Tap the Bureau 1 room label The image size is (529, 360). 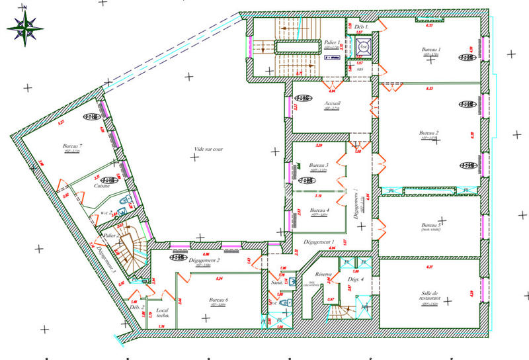[431, 50]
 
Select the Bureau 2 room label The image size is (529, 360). [429, 133]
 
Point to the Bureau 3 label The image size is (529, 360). [319, 165]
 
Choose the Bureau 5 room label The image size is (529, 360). [430, 225]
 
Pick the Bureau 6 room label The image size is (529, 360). [218, 300]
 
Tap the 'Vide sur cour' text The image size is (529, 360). [209, 150]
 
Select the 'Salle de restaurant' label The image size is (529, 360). [430, 296]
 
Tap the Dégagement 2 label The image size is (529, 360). [204, 260]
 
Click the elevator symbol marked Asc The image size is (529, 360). [363, 47]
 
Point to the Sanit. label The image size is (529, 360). [277, 282]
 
